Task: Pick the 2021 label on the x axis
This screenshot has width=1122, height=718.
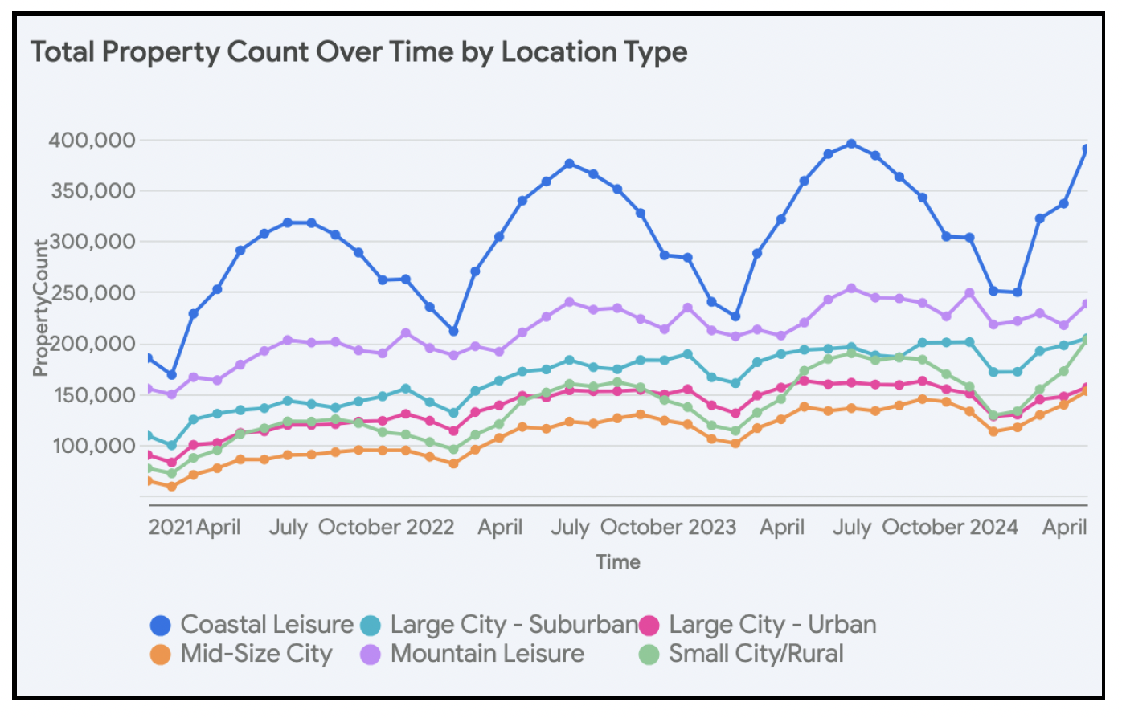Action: pos(171,528)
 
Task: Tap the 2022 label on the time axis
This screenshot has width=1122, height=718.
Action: pos(430,528)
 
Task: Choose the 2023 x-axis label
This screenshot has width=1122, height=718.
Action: pos(711,528)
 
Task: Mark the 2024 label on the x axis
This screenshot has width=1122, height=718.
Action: pos(993,528)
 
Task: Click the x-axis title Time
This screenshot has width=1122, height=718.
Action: pos(617,562)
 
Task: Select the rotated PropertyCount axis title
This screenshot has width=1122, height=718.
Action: pos(40,308)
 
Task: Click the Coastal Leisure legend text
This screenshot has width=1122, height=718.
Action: pos(267,625)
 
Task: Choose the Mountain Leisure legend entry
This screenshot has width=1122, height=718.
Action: pos(487,654)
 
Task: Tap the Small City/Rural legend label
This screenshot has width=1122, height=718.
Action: pos(756,654)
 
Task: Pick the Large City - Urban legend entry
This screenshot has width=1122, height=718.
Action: pos(772,625)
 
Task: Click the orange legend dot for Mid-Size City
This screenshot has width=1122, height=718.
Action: pos(161,655)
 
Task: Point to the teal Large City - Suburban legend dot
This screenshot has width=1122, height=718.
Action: pos(370,626)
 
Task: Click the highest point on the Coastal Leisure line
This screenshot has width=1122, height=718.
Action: pos(851,144)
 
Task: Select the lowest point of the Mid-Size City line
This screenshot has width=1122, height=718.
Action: pos(171,487)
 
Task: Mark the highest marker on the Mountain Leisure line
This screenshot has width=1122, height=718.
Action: pos(851,288)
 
